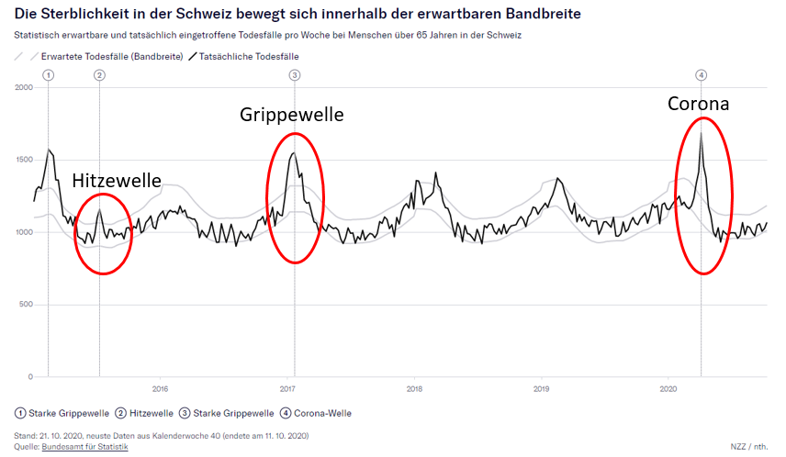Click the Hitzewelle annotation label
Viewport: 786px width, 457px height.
(x=117, y=182)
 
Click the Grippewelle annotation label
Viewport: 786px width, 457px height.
(x=292, y=115)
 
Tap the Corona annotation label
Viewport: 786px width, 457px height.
(x=698, y=104)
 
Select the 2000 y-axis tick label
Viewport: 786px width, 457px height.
(x=24, y=87)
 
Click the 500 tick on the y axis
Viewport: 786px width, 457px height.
(x=26, y=305)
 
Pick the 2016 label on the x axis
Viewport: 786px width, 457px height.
(x=160, y=388)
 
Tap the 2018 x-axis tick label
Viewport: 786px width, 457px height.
(x=414, y=388)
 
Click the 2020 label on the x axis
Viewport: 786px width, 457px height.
(x=668, y=388)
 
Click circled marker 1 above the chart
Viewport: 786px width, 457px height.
(x=48, y=74)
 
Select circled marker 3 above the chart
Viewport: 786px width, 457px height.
(x=294, y=74)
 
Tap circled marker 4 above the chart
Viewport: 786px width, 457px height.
(x=701, y=74)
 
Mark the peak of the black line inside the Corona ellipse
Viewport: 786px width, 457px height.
(x=701, y=133)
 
